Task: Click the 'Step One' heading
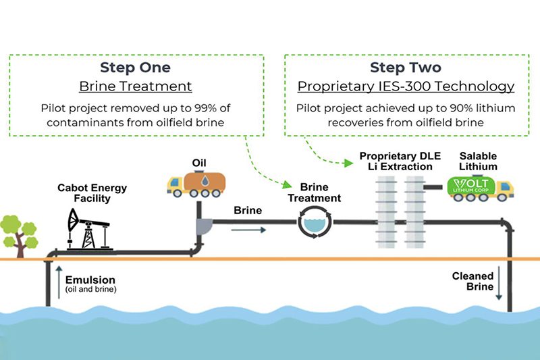136,68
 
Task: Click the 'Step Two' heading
406,68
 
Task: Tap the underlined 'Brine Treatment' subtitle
136,86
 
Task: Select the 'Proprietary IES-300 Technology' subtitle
406,86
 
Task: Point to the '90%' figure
462,108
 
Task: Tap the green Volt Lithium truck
480,188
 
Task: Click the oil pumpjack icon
89,229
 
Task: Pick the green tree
19,236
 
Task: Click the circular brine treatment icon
315,222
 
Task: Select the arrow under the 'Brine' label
248,230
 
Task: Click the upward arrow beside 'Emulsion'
59,282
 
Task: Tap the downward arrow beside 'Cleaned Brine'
499,283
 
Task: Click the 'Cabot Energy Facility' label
92,193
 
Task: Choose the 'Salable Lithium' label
478,161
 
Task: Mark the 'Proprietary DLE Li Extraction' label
400,161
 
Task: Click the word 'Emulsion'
90,280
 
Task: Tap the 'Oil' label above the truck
199,163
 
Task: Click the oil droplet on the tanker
205,181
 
